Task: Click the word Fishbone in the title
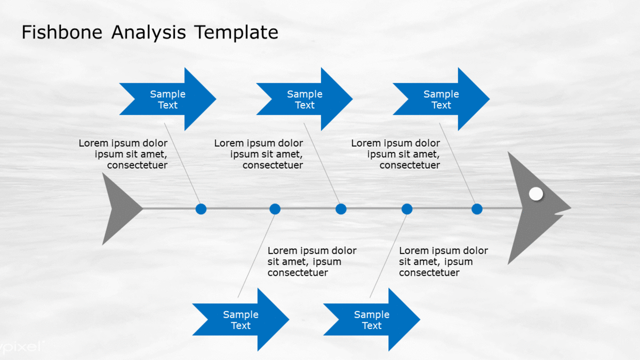tap(62, 32)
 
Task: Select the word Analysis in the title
tap(149, 33)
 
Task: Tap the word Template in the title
tap(236, 33)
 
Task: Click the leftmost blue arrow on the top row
tap(167, 99)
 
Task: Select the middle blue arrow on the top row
tap(305, 99)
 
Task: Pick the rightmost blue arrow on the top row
tap(442, 99)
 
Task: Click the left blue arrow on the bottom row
tap(241, 319)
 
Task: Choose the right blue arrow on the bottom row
tap(372, 319)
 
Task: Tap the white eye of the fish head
tap(536, 194)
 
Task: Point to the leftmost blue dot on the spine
tap(201, 209)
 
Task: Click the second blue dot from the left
tap(275, 209)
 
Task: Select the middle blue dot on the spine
tap(341, 209)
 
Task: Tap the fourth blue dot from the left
tap(407, 209)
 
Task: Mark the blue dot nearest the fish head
tap(477, 209)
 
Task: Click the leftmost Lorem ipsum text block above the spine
tap(123, 154)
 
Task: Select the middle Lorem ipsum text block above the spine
tap(259, 154)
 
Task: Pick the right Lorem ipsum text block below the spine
tap(443, 261)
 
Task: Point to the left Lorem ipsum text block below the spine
tap(312, 261)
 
